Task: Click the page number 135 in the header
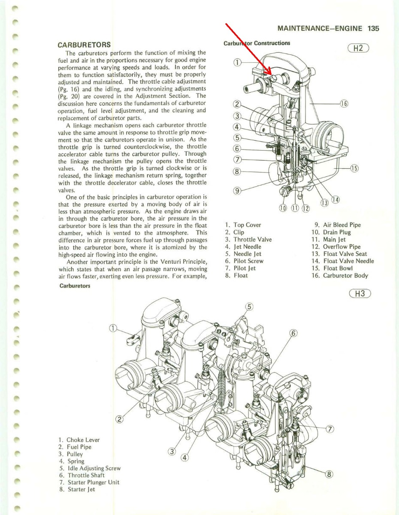[373, 29]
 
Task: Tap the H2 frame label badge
[361, 48]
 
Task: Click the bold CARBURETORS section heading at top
[85, 45]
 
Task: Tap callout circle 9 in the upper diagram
[236, 191]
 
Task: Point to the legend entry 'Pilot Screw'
[248, 261]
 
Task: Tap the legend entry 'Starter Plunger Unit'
[93, 482]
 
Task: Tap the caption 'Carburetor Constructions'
[257, 43]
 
